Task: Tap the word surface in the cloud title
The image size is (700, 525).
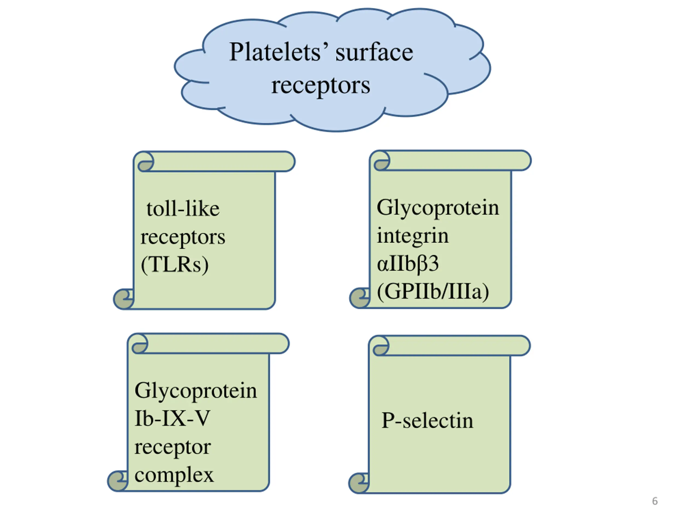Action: [374, 52]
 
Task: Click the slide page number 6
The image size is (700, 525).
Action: [655, 501]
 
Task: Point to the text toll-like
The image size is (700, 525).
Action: [183, 209]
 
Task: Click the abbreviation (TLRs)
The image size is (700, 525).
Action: [175, 265]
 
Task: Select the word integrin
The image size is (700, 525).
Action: [412, 236]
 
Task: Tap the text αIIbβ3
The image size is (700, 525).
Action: [408, 263]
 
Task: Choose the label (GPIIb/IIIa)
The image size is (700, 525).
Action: [433, 291]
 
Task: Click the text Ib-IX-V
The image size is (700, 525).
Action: [172, 418]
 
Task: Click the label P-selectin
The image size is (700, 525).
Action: [427, 421]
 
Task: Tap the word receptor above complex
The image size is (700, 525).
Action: [173, 447]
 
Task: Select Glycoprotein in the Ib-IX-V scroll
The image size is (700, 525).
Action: [196, 390]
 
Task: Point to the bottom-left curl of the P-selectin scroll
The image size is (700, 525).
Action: [358, 483]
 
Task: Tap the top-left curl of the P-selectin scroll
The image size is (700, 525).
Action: [381, 346]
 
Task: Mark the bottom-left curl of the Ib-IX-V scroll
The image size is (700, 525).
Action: [117, 481]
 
